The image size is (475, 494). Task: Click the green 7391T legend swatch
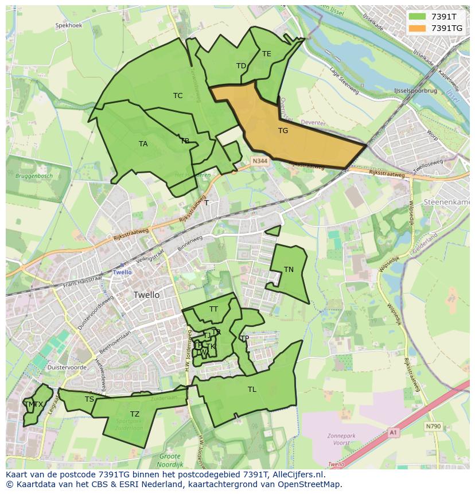[418, 17]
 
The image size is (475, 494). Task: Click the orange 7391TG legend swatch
[418, 28]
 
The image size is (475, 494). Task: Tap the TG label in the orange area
[283, 131]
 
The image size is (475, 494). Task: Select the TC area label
[178, 96]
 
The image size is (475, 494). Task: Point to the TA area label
[143, 144]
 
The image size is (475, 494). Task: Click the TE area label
[266, 54]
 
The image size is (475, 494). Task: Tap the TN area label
[289, 270]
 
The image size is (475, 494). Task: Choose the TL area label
[252, 390]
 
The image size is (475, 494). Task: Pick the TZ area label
[134, 414]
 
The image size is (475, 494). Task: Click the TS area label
[89, 399]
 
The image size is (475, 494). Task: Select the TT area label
[213, 309]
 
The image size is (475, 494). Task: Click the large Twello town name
[146, 295]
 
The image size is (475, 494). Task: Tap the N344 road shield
[259, 162]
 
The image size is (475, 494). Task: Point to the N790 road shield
[433, 426]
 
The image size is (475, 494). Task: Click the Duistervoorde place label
[67, 368]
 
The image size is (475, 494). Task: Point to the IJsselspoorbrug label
[415, 91]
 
